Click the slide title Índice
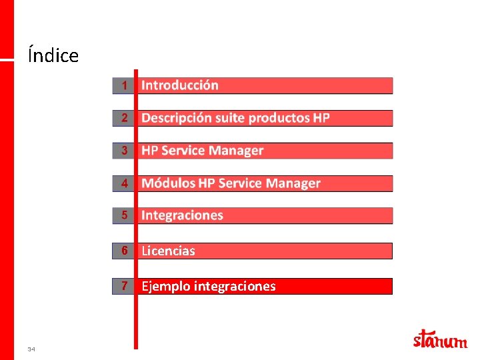point(53,55)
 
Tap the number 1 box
point(123,85)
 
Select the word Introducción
point(179,85)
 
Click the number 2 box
point(123,118)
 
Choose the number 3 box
point(123,151)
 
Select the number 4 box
point(123,183)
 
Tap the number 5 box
point(123,215)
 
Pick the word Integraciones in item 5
point(182,215)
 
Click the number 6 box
point(123,251)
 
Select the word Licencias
point(168,251)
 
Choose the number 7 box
point(123,286)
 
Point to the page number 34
point(31,349)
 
